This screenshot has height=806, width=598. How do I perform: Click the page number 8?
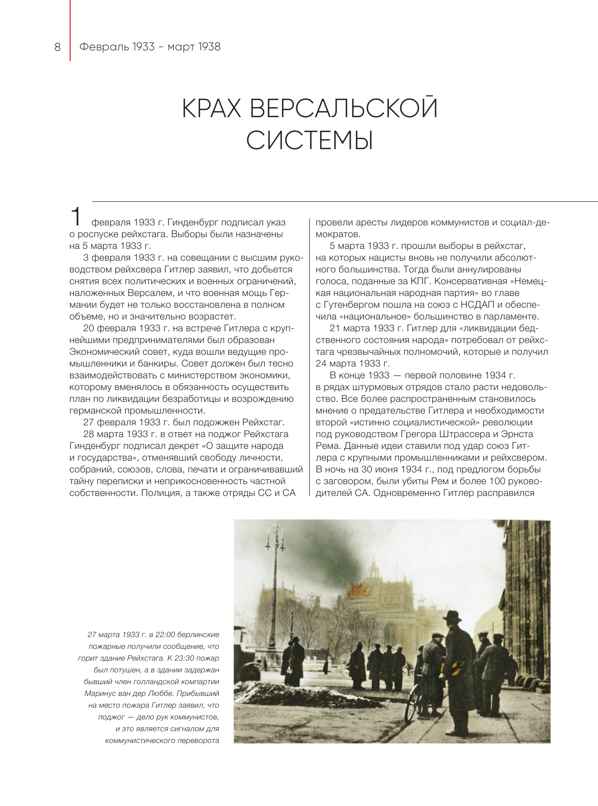click(57, 47)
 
